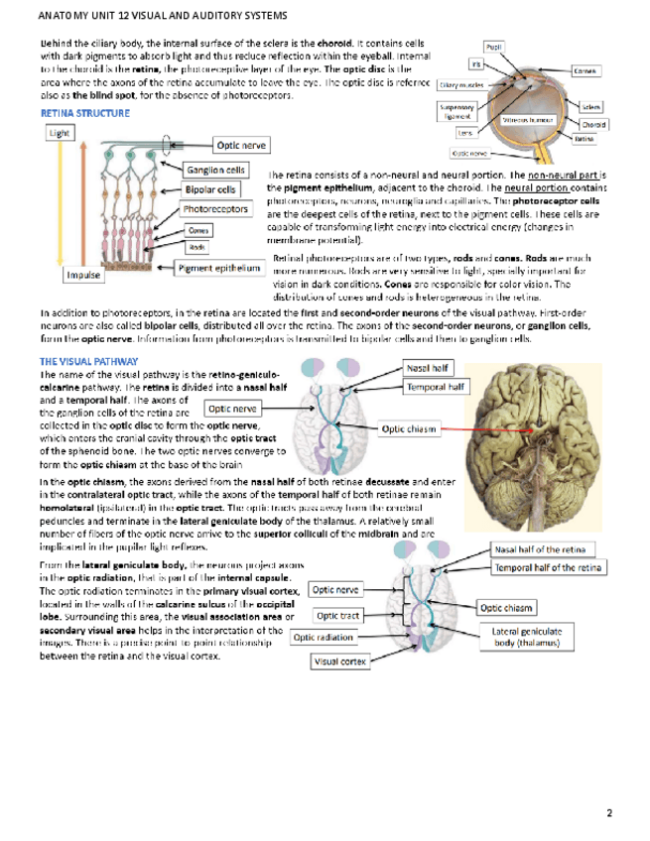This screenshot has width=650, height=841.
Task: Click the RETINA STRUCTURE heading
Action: [x=83, y=114]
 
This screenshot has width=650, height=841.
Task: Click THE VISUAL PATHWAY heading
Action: [x=82, y=362]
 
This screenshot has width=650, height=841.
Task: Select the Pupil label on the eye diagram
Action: [x=494, y=46]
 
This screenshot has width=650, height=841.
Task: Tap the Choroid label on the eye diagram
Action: [x=592, y=125]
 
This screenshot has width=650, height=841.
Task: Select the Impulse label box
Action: [x=85, y=274]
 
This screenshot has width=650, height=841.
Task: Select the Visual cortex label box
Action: [x=339, y=661]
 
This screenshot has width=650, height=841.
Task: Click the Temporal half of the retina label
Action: [x=548, y=567]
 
